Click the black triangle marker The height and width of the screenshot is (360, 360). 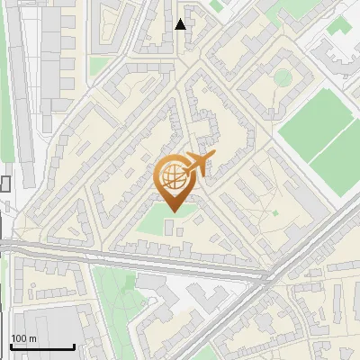(180, 24)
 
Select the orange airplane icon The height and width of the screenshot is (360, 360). (199, 164)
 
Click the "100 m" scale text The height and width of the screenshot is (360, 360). (23, 338)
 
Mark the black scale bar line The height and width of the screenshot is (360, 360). (41, 346)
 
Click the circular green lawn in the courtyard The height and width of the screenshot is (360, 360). (283, 77)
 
